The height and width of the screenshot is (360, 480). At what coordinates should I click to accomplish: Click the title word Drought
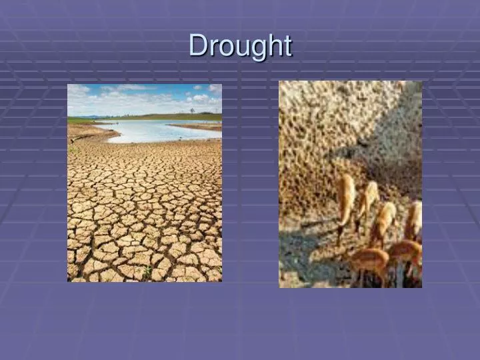pyautogui.click(x=240, y=46)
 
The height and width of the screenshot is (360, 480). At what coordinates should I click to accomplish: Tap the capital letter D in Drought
pyautogui.click(x=197, y=45)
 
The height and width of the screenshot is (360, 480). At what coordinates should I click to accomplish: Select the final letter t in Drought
pyautogui.click(x=287, y=46)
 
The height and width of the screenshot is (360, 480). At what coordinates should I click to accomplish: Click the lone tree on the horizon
pyautogui.click(x=191, y=111)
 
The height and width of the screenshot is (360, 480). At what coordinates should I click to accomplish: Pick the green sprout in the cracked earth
pyautogui.click(x=147, y=271)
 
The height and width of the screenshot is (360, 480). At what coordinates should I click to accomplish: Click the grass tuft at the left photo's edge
pyautogui.click(x=72, y=149)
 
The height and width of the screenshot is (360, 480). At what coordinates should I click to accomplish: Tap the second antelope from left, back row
pyautogui.click(x=367, y=200)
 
